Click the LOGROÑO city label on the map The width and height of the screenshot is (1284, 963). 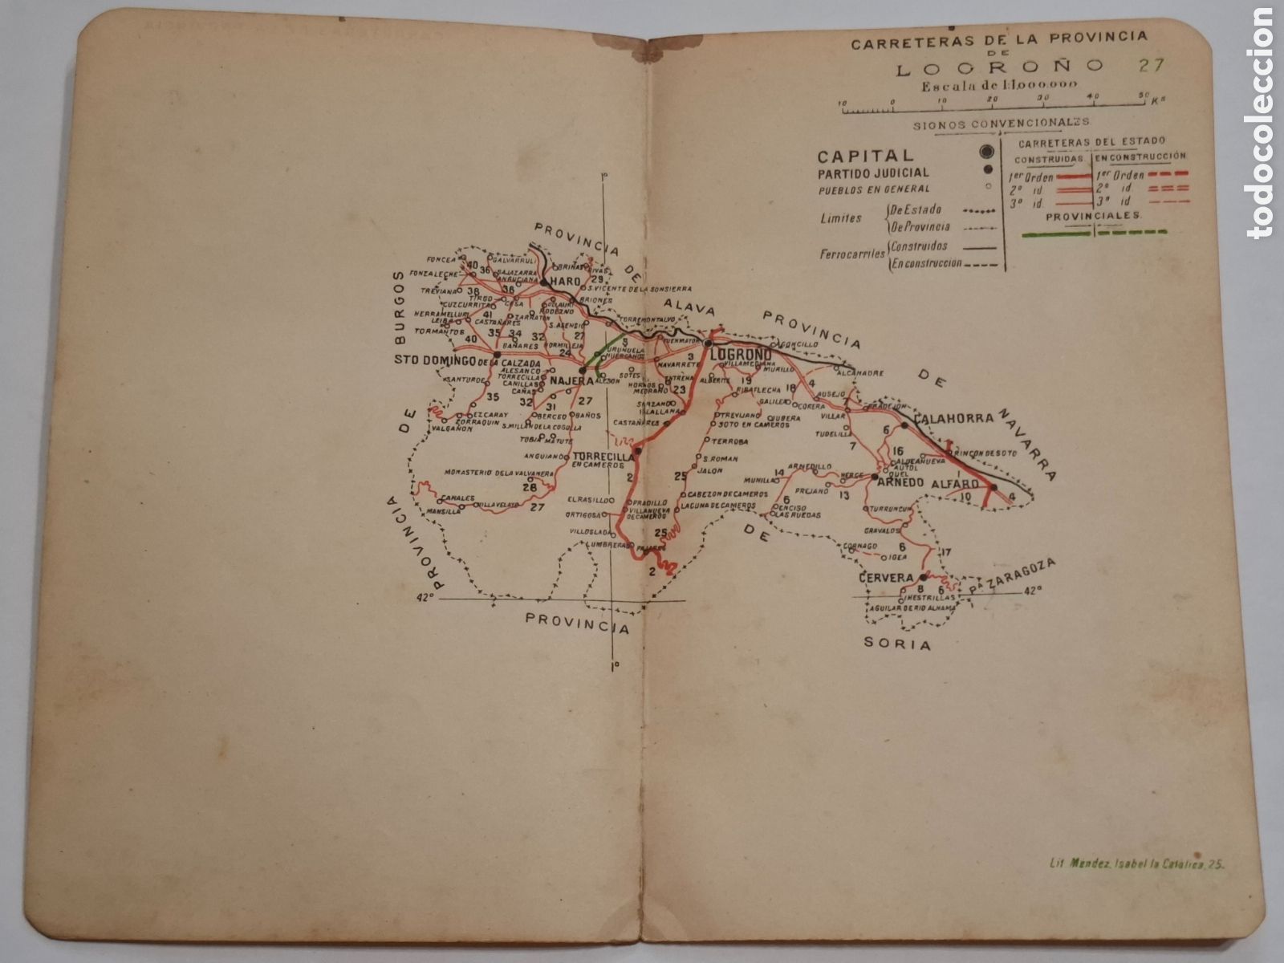(x=742, y=354)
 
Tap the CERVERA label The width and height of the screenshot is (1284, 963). (x=885, y=578)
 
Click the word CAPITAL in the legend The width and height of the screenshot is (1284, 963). (x=854, y=156)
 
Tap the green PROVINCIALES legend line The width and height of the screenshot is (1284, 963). (x=1094, y=232)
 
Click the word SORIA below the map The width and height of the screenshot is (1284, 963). (x=904, y=644)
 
